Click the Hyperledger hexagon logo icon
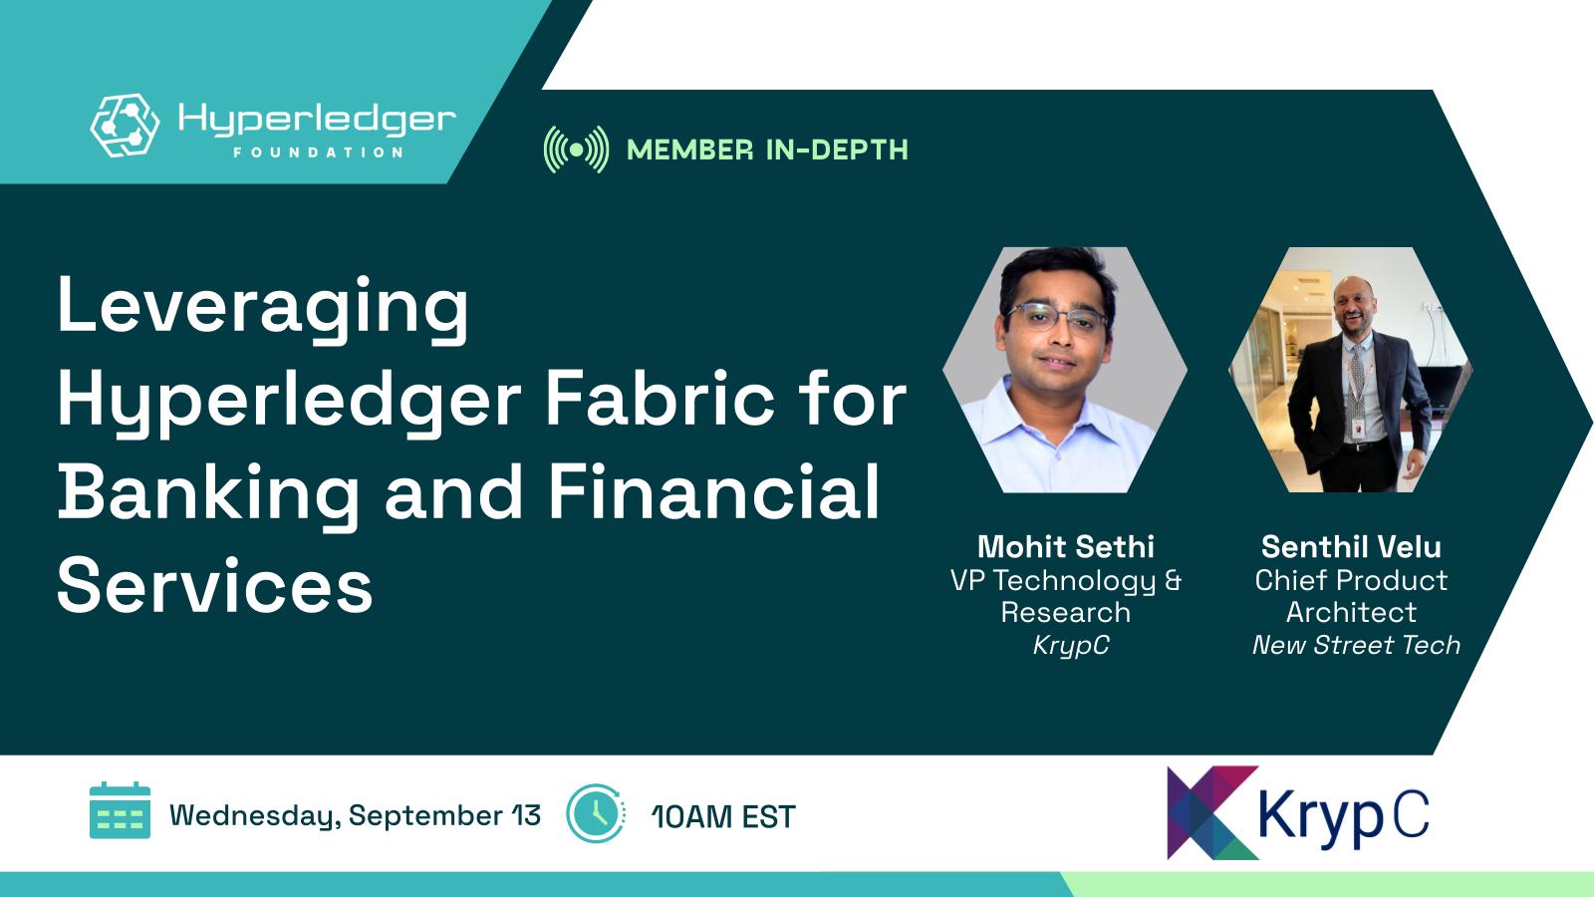126,125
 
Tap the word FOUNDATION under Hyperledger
319,152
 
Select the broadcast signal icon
577,149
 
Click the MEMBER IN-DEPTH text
767,150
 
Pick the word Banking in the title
208,494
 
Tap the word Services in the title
215,585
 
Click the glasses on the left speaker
1058,320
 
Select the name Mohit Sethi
1065,547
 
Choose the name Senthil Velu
1351,547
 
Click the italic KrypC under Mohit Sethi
1071,646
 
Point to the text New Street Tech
1356,645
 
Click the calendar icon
121,810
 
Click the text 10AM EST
723,816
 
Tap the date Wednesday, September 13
355,816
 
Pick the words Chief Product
1351,580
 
